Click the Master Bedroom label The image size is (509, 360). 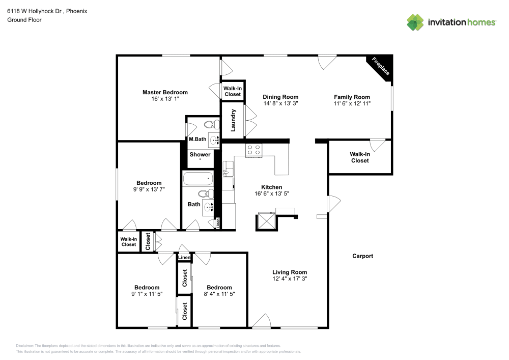pos(165,92)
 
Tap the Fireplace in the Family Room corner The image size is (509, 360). pos(381,66)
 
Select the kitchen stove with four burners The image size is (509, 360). pos(253,150)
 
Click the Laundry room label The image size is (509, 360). pos(234,120)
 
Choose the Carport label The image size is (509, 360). pos(362,256)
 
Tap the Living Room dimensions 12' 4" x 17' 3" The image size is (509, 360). pos(289,279)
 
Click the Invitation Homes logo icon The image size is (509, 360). pos(415,22)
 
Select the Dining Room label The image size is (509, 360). pos(280,97)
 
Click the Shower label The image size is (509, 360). pos(200,154)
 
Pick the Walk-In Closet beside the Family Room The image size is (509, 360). pos(360,157)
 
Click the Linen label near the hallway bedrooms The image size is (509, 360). pos(184,258)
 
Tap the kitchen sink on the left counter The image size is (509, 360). pos(228,167)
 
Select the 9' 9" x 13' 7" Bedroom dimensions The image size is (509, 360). pos(149,189)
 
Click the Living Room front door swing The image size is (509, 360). pos(262,321)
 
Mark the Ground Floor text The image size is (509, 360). pos(24,20)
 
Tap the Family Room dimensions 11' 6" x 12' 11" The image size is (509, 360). pos(352,103)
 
